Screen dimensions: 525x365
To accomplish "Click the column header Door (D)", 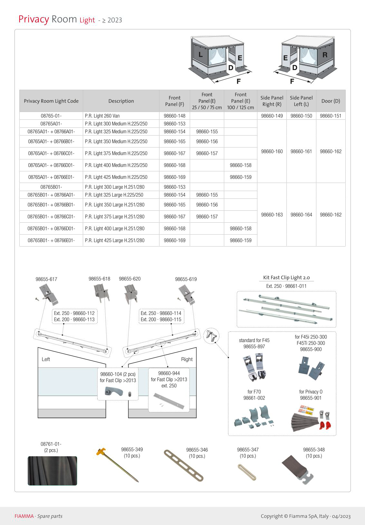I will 331,101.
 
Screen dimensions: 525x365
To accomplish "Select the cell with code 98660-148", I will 175,116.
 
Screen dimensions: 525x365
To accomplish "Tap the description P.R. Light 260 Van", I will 102,116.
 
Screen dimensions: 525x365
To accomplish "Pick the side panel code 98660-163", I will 272,215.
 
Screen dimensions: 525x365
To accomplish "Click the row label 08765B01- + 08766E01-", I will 51,240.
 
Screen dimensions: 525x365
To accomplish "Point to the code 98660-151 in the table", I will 331,116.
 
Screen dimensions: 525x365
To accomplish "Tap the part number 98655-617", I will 46,279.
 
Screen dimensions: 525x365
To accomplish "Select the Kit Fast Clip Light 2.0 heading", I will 286,278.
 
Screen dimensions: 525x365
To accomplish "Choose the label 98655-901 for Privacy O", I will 311,398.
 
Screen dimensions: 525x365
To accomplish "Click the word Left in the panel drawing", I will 46,359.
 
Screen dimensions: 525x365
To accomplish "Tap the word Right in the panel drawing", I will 187,359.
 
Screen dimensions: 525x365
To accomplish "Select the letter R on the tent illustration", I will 325,55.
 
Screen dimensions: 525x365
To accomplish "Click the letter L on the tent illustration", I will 201,55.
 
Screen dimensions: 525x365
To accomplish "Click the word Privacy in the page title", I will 34,19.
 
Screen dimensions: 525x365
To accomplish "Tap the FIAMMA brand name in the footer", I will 24,516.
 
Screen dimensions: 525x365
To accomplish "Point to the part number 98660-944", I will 169,373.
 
